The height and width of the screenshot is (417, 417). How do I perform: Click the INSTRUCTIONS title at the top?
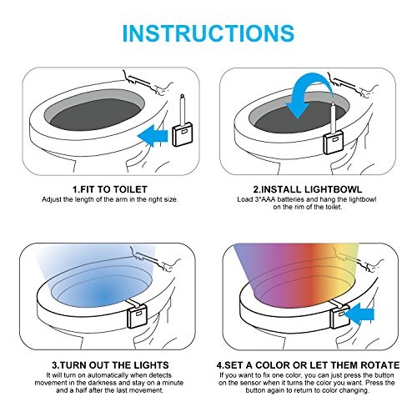(x=208, y=33)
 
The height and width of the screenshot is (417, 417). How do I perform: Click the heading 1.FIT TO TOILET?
(x=110, y=189)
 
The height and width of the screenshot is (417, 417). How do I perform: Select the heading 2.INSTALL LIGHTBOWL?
(x=308, y=189)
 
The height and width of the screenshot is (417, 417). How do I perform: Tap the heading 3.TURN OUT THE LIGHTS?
(x=110, y=365)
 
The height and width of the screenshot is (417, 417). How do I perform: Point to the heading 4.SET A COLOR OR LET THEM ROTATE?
(x=308, y=365)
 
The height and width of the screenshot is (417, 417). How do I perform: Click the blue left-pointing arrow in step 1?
(x=153, y=136)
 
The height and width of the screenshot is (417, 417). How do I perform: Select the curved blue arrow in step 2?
(x=309, y=93)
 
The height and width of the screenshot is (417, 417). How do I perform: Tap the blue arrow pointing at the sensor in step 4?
(x=359, y=314)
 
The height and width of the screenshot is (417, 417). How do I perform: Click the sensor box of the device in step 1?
(x=183, y=134)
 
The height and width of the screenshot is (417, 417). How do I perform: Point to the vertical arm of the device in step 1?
(x=183, y=109)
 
